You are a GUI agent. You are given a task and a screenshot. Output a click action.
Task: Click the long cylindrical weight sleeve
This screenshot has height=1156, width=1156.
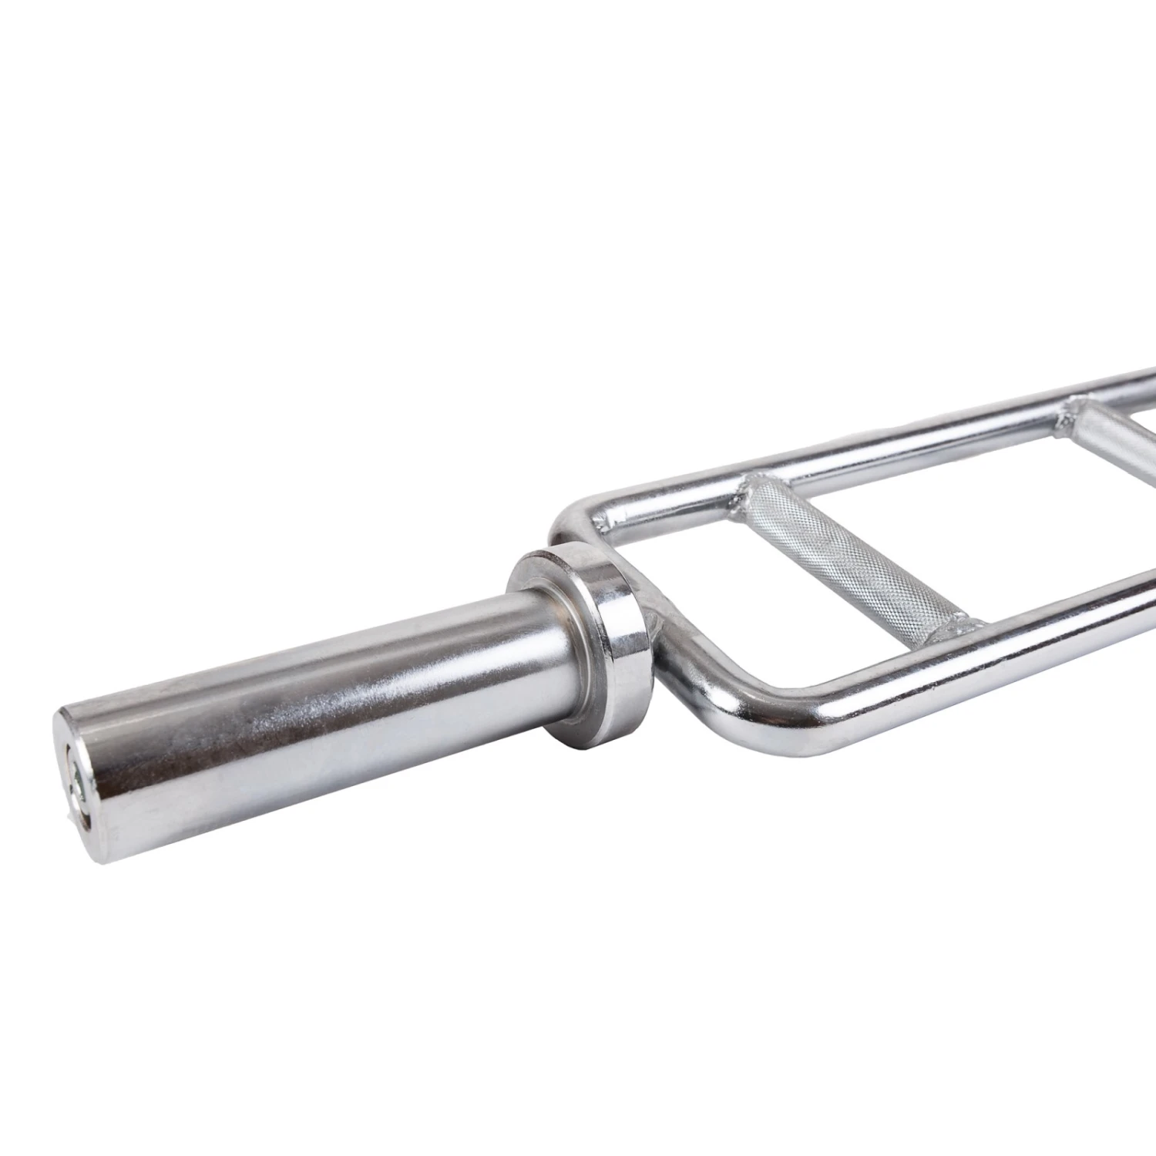(308, 678)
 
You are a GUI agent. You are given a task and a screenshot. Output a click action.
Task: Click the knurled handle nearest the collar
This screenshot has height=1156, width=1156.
(848, 555)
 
